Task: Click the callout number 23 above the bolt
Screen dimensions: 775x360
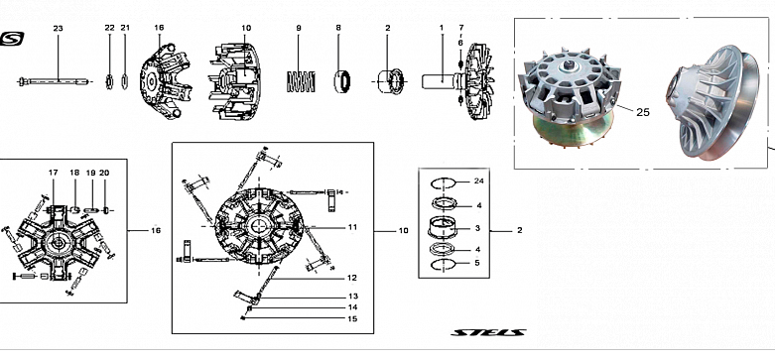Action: [x=58, y=29]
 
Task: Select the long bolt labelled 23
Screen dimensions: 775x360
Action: [x=55, y=81]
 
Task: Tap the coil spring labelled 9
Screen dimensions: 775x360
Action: [x=301, y=81]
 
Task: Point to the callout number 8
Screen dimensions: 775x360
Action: [x=338, y=28]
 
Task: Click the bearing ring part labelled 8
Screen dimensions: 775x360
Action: [x=342, y=81]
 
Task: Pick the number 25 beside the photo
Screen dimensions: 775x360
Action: [x=643, y=113]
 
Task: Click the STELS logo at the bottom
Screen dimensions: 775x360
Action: [x=488, y=332]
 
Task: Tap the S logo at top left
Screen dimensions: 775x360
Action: [x=12, y=39]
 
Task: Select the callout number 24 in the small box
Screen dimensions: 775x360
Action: [x=478, y=181]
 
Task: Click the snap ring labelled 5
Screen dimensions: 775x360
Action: [x=443, y=265]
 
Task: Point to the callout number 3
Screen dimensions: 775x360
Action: [x=477, y=228]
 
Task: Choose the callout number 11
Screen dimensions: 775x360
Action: [x=352, y=227]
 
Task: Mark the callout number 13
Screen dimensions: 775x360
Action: [x=353, y=297]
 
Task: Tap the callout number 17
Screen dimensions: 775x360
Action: [x=53, y=173]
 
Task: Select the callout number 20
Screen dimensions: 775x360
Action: [x=104, y=173]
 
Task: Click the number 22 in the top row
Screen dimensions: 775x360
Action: [x=109, y=28]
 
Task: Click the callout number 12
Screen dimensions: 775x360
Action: [x=351, y=278]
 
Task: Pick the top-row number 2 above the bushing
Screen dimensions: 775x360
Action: [x=387, y=28]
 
